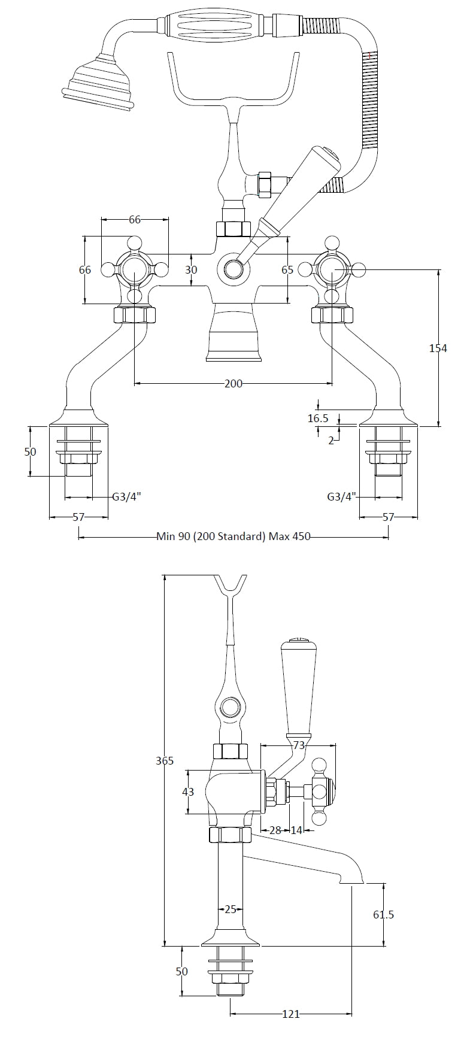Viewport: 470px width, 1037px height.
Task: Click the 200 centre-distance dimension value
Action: point(234,383)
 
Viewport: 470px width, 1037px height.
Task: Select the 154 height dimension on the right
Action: point(438,348)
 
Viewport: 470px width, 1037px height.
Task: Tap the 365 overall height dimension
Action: point(164,760)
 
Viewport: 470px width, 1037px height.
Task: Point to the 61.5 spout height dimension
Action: point(383,914)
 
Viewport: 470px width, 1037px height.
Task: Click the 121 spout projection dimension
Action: point(291,1014)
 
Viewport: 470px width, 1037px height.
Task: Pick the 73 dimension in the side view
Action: point(299,745)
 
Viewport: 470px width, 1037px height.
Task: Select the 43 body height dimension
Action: point(188,792)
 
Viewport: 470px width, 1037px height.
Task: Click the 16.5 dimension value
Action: point(318,419)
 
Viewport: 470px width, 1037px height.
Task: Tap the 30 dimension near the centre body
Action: point(191,270)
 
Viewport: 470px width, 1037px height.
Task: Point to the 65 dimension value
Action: point(287,270)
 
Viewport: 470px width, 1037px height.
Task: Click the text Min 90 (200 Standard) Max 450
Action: point(234,536)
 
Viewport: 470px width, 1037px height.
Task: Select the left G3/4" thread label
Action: point(127,496)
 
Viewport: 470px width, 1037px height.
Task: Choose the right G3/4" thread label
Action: point(342,496)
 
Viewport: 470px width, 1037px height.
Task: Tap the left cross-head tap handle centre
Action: point(135,270)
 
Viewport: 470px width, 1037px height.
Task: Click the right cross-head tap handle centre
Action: point(332,270)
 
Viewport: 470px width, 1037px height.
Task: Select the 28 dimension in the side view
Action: point(275,830)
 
